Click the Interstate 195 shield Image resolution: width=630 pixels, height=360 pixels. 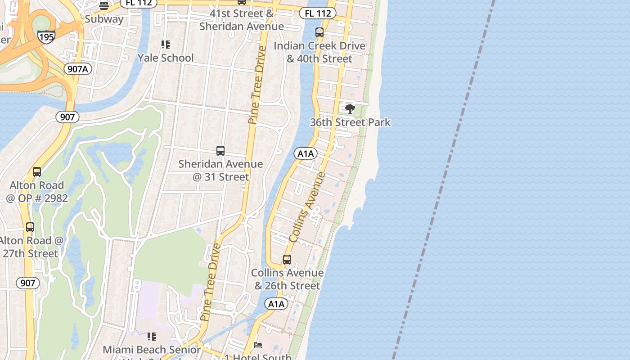coord(47,36)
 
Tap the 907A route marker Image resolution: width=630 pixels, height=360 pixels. coord(78,69)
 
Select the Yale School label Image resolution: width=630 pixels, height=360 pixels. coord(166,58)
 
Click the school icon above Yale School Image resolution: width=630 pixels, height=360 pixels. coord(166,45)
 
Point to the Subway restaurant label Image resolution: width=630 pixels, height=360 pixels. coord(104,19)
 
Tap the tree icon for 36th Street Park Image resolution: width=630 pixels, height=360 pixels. coord(350,108)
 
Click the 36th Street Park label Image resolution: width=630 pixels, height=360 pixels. coord(350,122)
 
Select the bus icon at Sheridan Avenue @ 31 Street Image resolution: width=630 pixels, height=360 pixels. coord(220,151)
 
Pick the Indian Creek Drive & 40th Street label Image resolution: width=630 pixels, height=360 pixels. coord(319,52)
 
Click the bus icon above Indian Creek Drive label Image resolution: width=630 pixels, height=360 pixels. coord(319,32)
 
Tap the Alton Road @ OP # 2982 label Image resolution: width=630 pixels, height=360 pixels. coord(37,191)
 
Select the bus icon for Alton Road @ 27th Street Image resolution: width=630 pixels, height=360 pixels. coord(30,227)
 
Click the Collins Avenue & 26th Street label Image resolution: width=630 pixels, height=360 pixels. coord(287,279)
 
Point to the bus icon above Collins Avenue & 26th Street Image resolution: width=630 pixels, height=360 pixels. coord(287,260)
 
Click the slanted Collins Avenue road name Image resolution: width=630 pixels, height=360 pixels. coord(308,207)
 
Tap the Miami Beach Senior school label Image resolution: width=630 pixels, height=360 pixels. coord(152,350)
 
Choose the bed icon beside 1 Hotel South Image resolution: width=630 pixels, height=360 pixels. coord(258,345)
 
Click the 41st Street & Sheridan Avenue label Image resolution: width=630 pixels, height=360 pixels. coord(242,20)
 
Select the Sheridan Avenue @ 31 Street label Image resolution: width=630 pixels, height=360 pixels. coord(220,170)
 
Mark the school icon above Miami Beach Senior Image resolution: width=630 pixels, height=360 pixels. coord(152,337)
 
